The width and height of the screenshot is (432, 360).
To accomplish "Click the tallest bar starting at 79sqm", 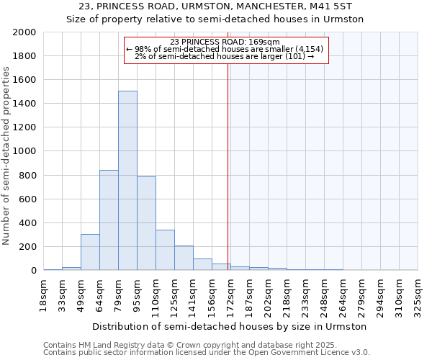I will [127, 180].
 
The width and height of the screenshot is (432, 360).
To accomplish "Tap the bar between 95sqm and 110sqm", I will [146, 223].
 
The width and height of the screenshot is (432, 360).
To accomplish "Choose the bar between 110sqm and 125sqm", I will [165, 250].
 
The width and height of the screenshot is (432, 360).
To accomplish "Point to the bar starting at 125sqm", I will [184, 258].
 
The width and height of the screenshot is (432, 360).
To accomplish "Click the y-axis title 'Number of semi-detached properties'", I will [6, 155].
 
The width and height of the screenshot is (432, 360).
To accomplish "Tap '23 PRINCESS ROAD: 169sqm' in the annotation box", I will [226, 42].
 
